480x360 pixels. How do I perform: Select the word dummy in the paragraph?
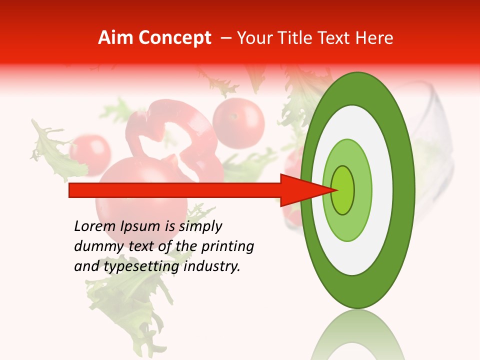coord(95,246)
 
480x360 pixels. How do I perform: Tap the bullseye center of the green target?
coord(343,190)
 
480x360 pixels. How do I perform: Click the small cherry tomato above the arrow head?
coord(238,123)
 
